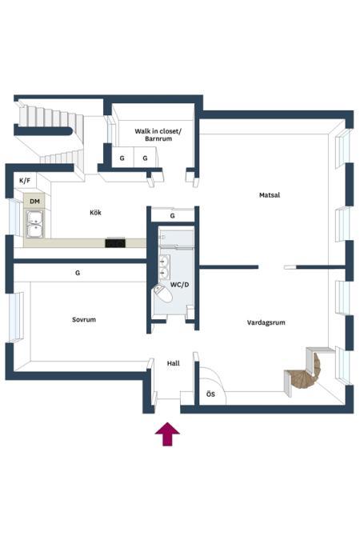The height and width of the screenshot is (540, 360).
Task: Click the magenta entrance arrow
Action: (167, 434)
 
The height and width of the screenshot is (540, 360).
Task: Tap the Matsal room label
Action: (270, 195)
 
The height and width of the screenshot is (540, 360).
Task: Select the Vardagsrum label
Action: (266, 322)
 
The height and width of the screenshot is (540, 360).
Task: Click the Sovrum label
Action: (84, 319)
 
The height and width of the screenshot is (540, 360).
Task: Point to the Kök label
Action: (95, 213)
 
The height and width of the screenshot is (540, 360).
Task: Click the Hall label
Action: (174, 363)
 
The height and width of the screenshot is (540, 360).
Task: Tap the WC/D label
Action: (179, 285)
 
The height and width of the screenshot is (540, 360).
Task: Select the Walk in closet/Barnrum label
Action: (158, 134)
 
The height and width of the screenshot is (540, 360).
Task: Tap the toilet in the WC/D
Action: (163, 294)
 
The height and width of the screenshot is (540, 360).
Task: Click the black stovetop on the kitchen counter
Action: (115, 242)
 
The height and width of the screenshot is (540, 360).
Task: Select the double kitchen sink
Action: (34, 224)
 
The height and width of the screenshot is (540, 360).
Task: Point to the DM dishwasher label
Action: (34, 201)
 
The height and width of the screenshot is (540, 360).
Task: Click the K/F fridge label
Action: (25, 180)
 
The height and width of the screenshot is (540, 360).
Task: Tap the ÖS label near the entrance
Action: (210, 394)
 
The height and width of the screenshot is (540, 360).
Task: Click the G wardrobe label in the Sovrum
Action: (78, 273)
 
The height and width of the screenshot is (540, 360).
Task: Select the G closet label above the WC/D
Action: (172, 216)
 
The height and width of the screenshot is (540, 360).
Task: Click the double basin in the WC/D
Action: (164, 267)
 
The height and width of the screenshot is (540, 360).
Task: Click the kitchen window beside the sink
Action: (15, 218)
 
